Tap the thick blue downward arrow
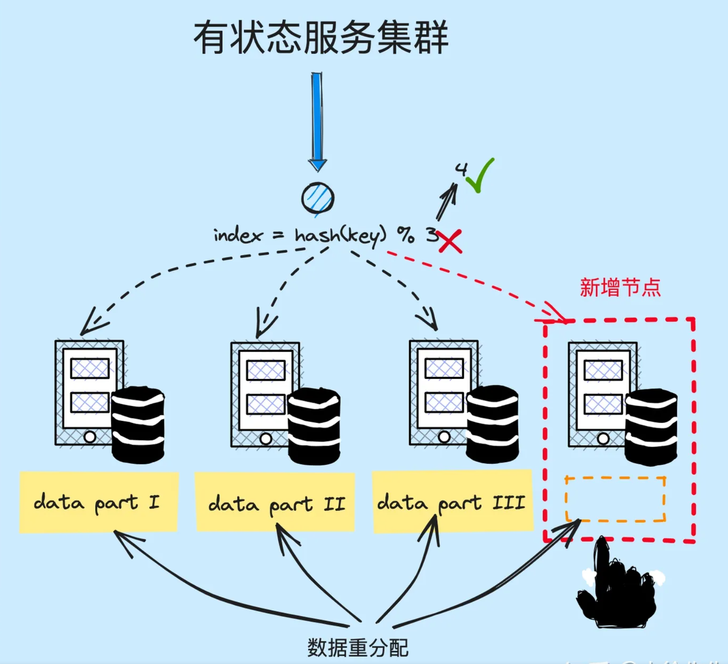click(317, 120)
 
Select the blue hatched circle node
click(318, 198)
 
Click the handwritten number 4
click(461, 169)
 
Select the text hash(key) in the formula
click(340, 235)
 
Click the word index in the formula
click(238, 235)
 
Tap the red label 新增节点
click(620, 287)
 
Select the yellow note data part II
click(275, 503)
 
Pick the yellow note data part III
click(452, 502)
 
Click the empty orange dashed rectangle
click(615, 499)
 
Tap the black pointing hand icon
click(616, 587)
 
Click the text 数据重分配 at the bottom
click(358, 647)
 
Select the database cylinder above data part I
click(138, 425)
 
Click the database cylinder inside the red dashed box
click(651, 427)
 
